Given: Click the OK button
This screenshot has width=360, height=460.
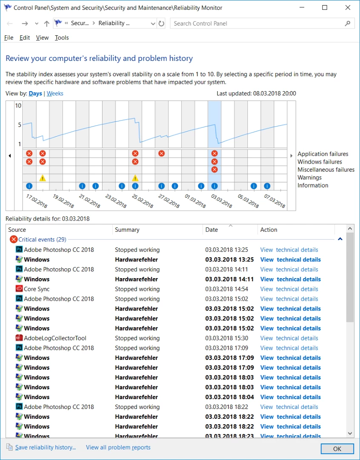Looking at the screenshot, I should pyautogui.click(x=337, y=448).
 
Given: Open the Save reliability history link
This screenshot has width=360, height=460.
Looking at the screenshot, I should pyautogui.click(x=45, y=447).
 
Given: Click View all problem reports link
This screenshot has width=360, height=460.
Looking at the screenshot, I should pyautogui.click(x=118, y=447).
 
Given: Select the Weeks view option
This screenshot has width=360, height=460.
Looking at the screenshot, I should pyautogui.click(x=55, y=93).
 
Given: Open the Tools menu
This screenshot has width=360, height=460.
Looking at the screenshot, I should pyautogui.click(x=62, y=37).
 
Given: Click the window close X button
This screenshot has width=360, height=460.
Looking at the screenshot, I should pyautogui.click(x=348, y=8).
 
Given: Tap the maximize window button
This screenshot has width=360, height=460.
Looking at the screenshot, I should pyautogui.click(x=325, y=8).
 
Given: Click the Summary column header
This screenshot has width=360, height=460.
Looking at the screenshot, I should pyautogui.click(x=127, y=230).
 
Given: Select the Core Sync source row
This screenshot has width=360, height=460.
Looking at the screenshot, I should pyautogui.click(x=37, y=289).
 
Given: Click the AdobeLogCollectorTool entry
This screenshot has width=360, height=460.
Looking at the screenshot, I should pyautogui.click(x=55, y=338).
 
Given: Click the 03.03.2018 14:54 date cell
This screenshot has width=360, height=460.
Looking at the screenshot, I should pyautogui.click(x=226, y=289).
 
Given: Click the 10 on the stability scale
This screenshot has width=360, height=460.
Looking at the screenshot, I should pyautogui.click(x=18, y=106).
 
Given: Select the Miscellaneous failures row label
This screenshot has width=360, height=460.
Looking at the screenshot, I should pyautogui.click(x=326, y=170).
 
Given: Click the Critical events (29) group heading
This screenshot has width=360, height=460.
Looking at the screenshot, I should pyautogui.click(x=42, y=239).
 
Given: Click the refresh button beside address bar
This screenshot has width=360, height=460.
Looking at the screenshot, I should pyautogui.click(x=161, y=23).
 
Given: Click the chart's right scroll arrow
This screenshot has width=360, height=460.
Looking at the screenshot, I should pyautogui.click(x=291, y=156).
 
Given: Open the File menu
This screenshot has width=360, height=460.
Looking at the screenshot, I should pyautogui.click(x=9, y=37).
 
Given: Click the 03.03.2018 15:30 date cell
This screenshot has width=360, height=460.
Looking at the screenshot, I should pyautogui.click(x=226, y=338).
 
